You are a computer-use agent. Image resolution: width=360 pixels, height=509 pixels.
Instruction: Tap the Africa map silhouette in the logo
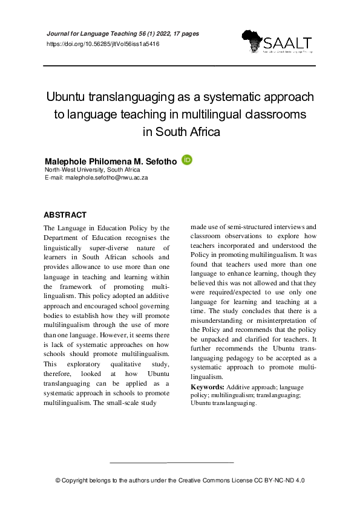tap(252, 41)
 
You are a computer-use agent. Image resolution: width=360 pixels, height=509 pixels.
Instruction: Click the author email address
tap(105, 178)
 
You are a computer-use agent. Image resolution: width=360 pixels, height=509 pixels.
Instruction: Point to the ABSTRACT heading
tap(65, 215)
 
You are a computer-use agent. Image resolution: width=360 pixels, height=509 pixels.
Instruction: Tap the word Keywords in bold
tap(207, 386)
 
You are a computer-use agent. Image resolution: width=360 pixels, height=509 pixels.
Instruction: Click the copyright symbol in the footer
tap(58, 481)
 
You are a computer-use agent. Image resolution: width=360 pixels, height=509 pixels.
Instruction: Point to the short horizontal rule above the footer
tap(172, 462)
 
